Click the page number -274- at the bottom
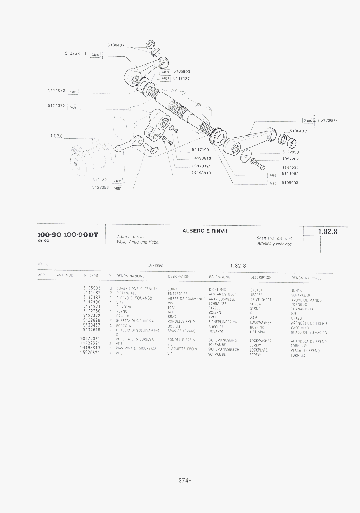pos(182,480)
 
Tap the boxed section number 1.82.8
pos(327,232)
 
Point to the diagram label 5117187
pos(182,79)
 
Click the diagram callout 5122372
pos(56,106)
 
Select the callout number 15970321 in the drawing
pos(201,166)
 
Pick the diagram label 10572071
pos(292,159)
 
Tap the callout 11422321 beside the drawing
pos(292,167)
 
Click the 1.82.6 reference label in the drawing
pos(56,136)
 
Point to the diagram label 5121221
pos(101,180)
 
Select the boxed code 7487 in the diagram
pos(165,79)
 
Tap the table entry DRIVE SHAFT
pos(260,299)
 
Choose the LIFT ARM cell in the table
pos(257,331)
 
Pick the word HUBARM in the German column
pos(216,331)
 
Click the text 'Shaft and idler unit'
pos(274,238)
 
